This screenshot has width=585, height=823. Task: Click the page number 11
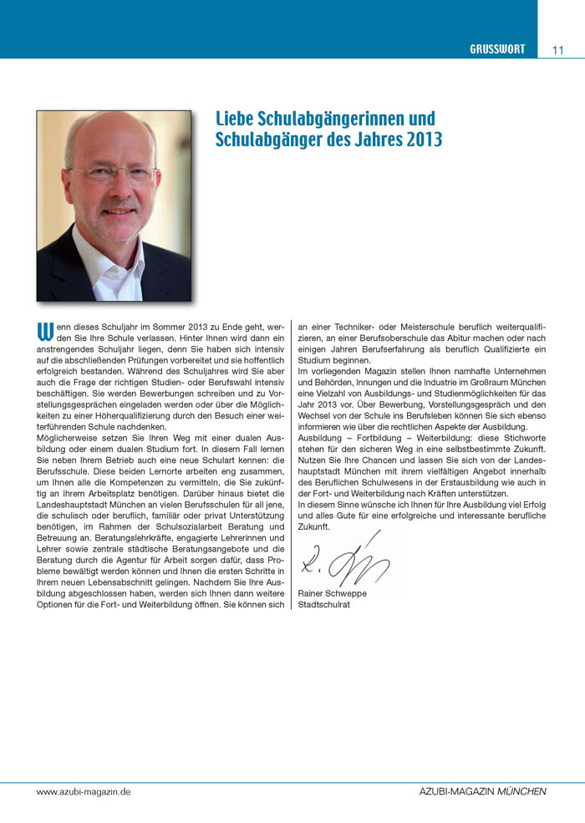(x=558, y=49)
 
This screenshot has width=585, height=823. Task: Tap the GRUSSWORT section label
(x=497, y=49)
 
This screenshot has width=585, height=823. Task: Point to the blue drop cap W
(x=45, y=332)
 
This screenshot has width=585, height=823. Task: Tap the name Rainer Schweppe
(x=332, y=593)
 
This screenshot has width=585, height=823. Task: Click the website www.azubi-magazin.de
(x=83, y=790)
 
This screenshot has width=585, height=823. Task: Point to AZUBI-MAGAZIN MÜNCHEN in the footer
(x=483, y=790)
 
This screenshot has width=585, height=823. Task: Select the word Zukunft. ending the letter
(x=314, y=527)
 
